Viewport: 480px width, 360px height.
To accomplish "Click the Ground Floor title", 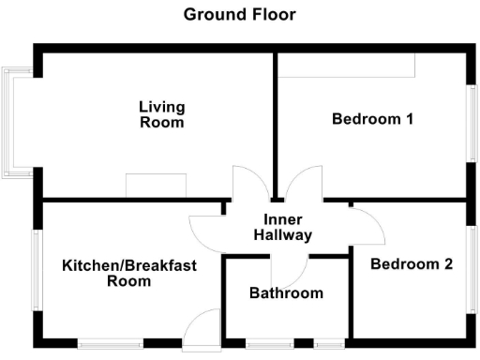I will [239, 14].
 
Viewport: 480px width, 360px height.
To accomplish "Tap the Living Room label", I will [161, 114].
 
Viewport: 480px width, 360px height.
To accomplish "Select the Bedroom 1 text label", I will [373, 119].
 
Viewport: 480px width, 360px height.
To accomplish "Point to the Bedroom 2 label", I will [412, 264].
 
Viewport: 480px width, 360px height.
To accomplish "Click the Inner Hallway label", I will [281, 228].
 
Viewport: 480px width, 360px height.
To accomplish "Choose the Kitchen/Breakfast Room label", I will [129, 273].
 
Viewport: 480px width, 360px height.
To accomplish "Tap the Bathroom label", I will [286, 293].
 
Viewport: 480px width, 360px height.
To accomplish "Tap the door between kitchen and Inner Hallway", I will [206, 228].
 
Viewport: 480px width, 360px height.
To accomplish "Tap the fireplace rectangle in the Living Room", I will [157, 186].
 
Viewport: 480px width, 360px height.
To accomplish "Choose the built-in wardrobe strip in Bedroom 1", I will [346, 65].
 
